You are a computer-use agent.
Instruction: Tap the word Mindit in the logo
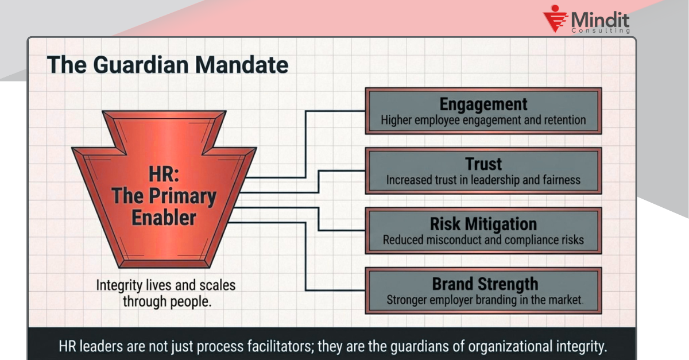coord(600,20)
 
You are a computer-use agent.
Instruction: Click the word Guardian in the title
coord(141,65)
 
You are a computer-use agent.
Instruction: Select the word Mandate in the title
coord(242,65)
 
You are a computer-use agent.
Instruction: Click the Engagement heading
coord(483,104)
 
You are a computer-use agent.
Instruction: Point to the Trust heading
coord(483,164)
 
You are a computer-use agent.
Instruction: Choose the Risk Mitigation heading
coord(483,224)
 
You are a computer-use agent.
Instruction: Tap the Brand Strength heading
coord(485,284)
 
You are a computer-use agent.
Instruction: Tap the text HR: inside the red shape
coord(164,174)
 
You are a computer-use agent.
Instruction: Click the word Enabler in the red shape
coord(164,218)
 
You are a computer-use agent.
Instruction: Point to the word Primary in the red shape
coord(183,197)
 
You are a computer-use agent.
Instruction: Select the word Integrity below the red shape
coord(119,285)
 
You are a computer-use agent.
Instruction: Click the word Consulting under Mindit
coord(601,30)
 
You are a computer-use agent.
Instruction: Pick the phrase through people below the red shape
coord(167,302)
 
